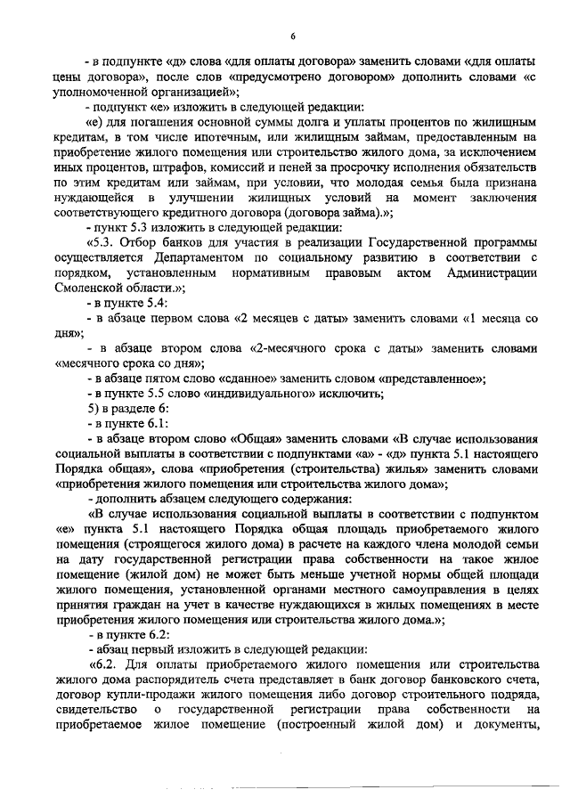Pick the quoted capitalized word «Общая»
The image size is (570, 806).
[x=259, y=444]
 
